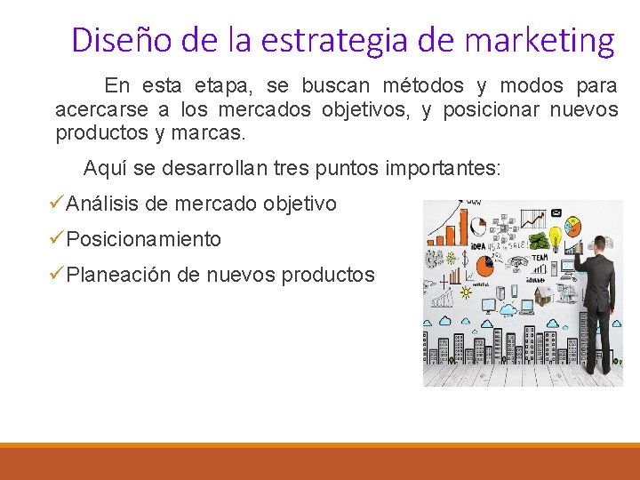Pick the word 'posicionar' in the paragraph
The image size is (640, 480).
coord(492,110)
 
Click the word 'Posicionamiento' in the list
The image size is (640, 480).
coord(144,239)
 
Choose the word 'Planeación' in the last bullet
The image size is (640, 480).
coord(118,275)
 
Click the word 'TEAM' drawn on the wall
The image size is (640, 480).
coord(540,257)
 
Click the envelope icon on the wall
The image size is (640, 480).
coord(557,213)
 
